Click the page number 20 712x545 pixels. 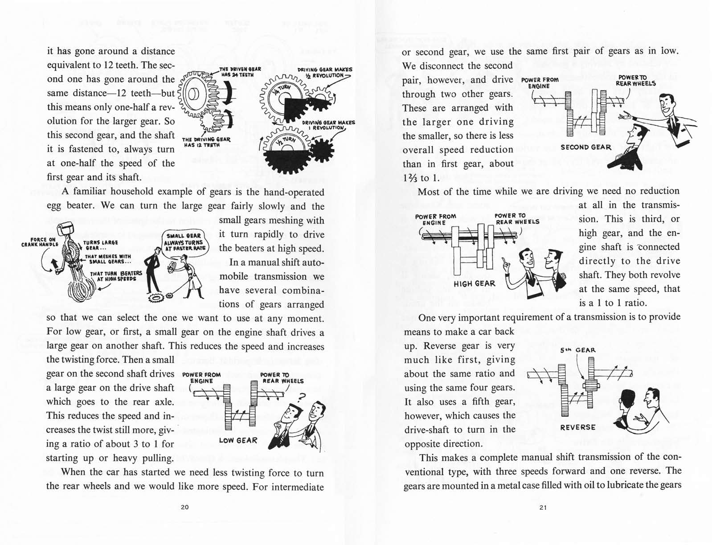pyautogui.click(x=184, y=507)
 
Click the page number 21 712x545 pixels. pyautogui.click(x=543, y=507)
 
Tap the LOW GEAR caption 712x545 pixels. pyautogui.click(x=238, y=440)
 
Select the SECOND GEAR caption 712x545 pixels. pyautogui.click(x=586, y=147)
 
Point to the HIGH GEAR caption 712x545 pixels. pyautogui.click(x=474, y=284)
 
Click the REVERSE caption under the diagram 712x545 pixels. pyautogui.click(x=577, y=427)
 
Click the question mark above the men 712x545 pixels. pyautogui.click(x=301, y=397)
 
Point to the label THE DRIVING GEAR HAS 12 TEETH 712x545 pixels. pyautogui.click(x=206, y=142)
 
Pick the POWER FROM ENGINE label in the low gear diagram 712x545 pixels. pyautogui.click(x=201, y=378)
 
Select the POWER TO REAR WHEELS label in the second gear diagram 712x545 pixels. pyautogui.click(x=635, y=81)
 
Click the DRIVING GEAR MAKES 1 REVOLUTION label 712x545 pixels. pyautogui.click(x=327, y=125)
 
